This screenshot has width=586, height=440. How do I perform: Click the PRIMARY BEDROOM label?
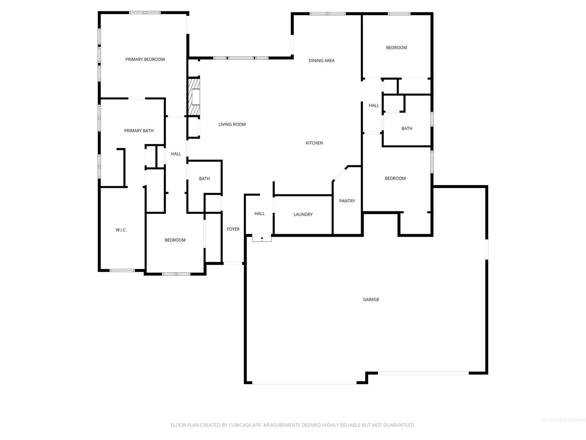(x=145, y=59)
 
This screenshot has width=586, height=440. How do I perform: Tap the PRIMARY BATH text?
(x=139, y=131)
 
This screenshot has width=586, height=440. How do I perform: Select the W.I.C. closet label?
(x=121, y=230)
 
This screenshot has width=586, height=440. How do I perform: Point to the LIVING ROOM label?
(x=232, y=124)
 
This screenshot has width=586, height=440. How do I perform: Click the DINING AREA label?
(x=322, y=61)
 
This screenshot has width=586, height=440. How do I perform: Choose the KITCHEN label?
(x=314, y=143)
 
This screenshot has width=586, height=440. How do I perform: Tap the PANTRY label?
(x=347, y=201)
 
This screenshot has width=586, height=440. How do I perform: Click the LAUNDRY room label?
(x=303, y=214)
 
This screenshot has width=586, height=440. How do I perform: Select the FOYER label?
(x=233, y=229)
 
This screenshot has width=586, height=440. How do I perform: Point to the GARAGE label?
(x=371, y=299)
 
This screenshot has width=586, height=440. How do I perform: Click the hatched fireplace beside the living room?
(x=194, y=97)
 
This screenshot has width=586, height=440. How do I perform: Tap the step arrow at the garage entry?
(x=262, y=238)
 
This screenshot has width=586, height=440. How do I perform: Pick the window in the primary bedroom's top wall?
(x=145, y=13)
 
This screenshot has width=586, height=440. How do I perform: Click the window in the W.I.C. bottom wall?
(x=122, y=271)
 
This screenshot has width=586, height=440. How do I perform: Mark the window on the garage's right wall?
(x=487, y=249)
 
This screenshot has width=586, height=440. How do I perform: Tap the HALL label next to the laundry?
(x=260, y=213)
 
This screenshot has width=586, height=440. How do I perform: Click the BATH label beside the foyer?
(x=204, y=178)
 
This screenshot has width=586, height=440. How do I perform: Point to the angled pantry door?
(x=340, y=173)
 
